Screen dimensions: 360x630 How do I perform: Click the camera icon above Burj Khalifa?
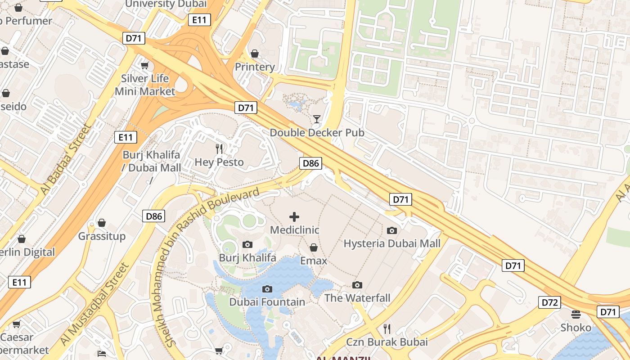click(x=247, y=245)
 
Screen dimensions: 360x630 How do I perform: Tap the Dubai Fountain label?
click(x=267, y=302)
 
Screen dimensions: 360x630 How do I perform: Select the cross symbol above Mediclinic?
click(x=294, y=217)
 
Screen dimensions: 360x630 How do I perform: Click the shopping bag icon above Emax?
click(x=314, y=247)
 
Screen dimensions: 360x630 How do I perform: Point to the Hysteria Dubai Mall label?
click(x=392, y=243)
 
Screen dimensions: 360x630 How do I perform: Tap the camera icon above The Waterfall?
click(x=357, y=285)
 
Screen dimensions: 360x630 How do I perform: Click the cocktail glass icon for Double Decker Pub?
click(x=317, y=119)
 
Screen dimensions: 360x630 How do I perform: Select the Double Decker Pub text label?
click(x=317, y=133)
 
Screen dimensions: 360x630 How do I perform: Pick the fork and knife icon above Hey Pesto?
click(x=219, y=149)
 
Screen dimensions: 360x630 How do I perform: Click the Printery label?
click(x=255, y=67)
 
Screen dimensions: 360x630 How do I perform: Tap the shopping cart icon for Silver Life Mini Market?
click(x=144, y=66)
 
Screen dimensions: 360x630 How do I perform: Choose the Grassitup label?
click(x=102, y=236)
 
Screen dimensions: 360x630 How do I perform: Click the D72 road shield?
click(x=550, y=302)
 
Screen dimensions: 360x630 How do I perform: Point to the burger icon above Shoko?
click(x=576, y=314)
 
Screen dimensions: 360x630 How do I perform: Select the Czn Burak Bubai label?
click(x=387, y=342)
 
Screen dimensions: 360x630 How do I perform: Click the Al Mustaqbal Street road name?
click(x=94, y=305)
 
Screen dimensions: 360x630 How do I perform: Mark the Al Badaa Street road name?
click(x=65, y=160)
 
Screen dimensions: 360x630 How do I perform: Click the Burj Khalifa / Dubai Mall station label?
click(x=152, y=161)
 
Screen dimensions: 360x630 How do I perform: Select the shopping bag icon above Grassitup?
click(x=102, y=223)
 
